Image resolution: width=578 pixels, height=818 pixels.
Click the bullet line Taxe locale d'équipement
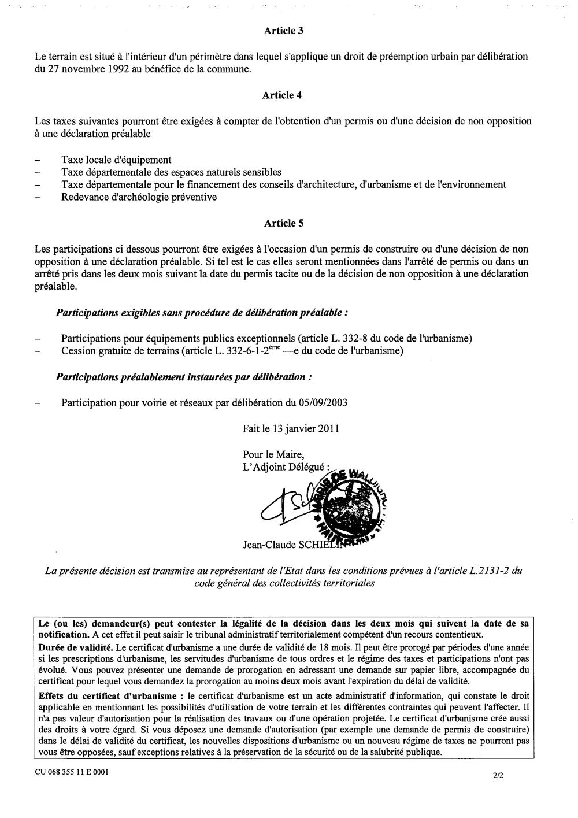tap(116, 160)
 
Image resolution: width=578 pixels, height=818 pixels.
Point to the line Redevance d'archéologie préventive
tap(139, 197)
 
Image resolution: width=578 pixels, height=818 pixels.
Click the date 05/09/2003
tap(324, 402)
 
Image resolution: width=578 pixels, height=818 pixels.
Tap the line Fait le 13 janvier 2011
tap(291, 429)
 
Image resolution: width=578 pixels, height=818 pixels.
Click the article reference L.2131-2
tap(489, 571)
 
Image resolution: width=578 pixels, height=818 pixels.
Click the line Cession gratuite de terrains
tap(231, 351)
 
